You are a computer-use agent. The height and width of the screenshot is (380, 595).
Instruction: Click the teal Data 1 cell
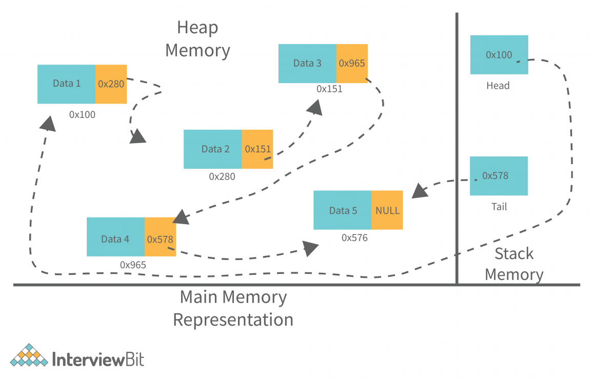click(x=66, y=84)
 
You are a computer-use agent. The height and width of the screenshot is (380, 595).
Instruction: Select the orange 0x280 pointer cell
click(x=111, y=84)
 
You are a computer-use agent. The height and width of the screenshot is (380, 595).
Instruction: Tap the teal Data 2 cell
click(x=212, y=149)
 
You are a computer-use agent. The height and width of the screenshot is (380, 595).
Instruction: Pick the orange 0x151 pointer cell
click(x=257, y=149)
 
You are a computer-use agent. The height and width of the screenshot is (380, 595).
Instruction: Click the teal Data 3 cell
click(x=307, y=64)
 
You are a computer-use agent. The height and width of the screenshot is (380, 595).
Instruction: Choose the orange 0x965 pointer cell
click(x=352, y=64)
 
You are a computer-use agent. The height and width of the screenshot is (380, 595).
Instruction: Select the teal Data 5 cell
click(x=342, y=210)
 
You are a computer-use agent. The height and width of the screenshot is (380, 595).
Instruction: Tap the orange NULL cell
click(x=387, y=210)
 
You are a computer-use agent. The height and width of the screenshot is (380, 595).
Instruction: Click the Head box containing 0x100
click(x=499, y=55)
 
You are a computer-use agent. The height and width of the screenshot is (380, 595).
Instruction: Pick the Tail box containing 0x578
click(x=499, y=176)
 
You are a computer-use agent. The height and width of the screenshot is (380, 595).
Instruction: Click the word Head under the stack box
click(x=498, y=86)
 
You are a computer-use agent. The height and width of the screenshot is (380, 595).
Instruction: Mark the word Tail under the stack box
click(x=499, y=207)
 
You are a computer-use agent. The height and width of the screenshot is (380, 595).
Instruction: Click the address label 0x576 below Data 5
click(x=354, y=238)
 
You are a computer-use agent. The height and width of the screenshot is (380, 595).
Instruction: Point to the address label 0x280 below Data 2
click(x=222, y=176)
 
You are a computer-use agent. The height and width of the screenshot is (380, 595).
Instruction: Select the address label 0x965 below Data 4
click(x=133, y=265)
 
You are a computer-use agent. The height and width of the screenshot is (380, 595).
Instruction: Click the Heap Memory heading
click(x=197, y=39)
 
